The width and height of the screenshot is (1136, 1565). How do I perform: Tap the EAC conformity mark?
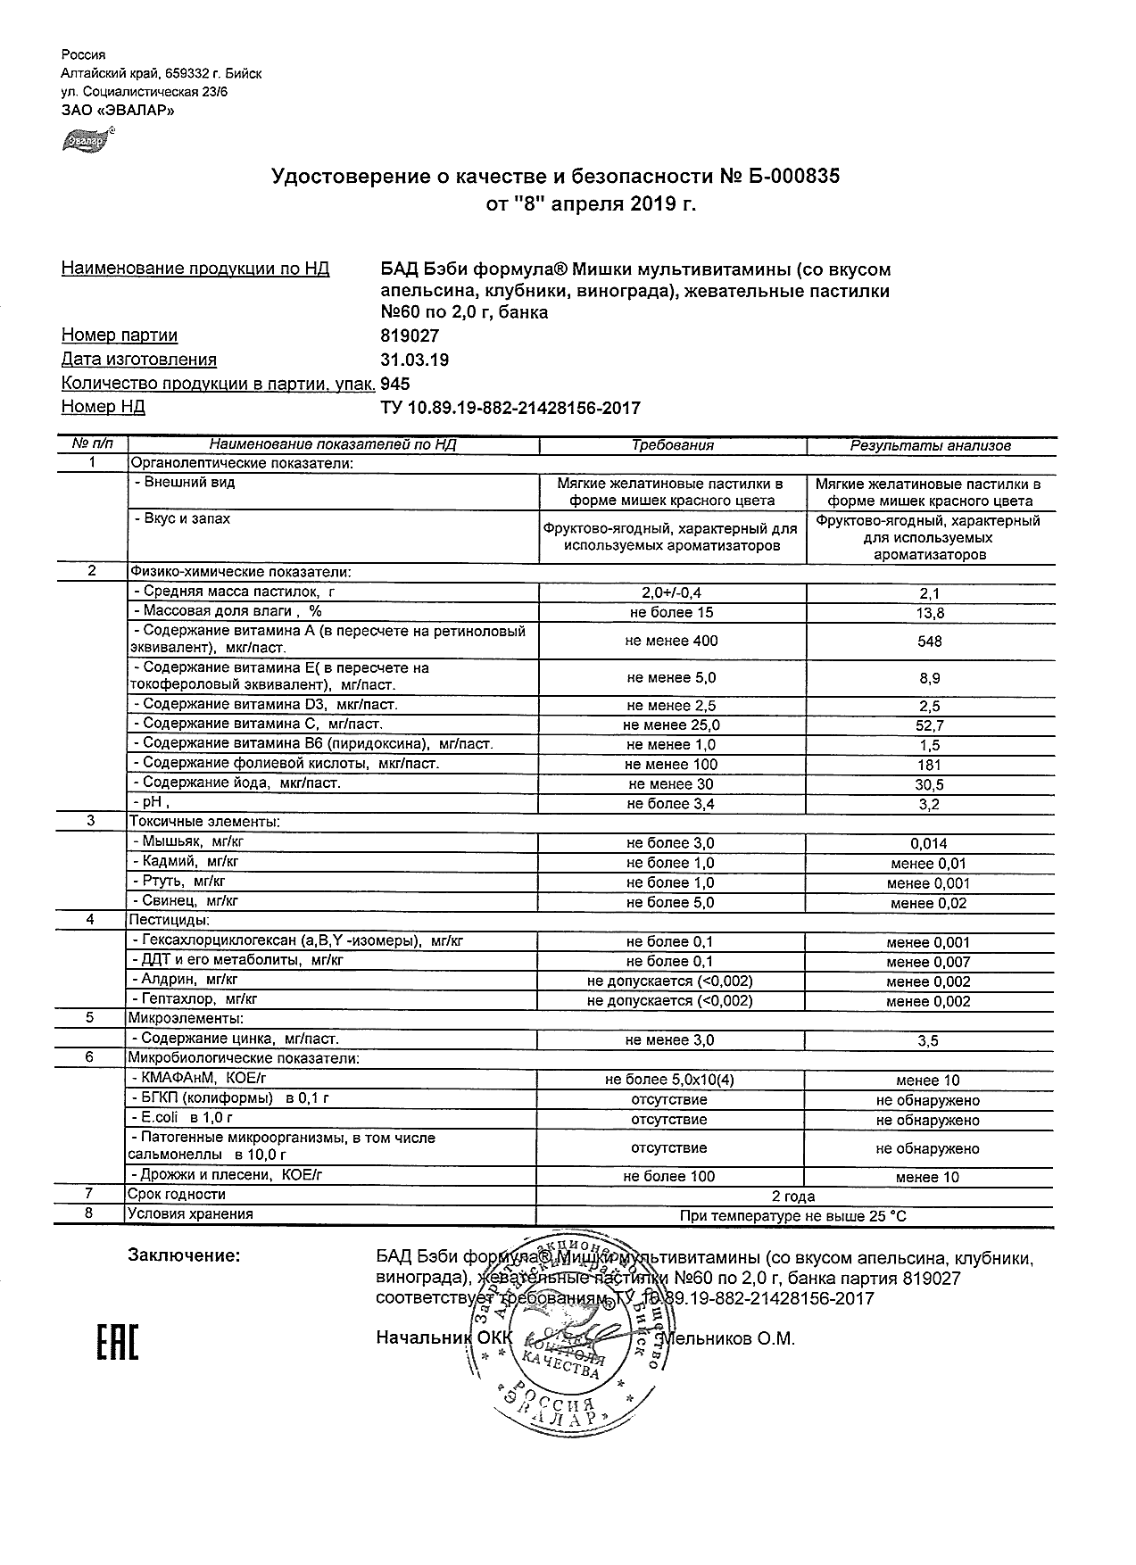117,1343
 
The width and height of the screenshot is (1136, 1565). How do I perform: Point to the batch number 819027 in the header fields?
410,336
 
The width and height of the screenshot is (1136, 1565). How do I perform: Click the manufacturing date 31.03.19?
414,360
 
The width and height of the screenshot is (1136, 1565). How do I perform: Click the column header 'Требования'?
673,445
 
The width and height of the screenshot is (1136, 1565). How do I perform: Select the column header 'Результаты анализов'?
930,445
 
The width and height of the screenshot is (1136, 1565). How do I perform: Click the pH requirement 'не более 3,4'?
670,804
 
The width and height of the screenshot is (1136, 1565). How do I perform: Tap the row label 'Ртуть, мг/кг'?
184,882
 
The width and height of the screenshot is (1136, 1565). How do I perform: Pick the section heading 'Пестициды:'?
170,920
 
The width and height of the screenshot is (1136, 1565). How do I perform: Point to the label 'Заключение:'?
184,1256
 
